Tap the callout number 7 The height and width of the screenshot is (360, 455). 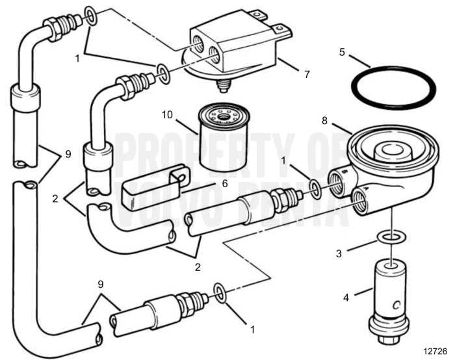click(x=306, y=73)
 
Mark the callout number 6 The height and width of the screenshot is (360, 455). click(x=224, y=184)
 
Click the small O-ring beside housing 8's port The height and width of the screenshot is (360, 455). click(x=315, y=188)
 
